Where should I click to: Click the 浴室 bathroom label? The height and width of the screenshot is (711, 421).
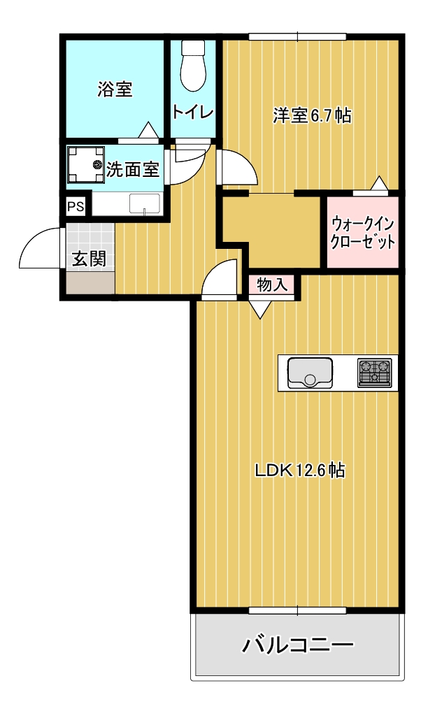[115, 89]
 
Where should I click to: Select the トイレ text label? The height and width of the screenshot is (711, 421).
[192, 112]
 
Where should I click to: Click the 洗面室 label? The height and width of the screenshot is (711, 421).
[133, 169]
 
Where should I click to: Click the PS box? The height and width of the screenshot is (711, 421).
[75, 207]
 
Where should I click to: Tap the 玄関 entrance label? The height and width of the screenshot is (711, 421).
[89, 259]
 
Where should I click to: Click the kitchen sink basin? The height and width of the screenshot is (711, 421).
[308, 373]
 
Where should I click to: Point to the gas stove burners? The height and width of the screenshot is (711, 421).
[375, 373]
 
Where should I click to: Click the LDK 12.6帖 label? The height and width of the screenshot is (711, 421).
[299, 471]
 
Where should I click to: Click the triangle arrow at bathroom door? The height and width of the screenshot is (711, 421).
[148, 131]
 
